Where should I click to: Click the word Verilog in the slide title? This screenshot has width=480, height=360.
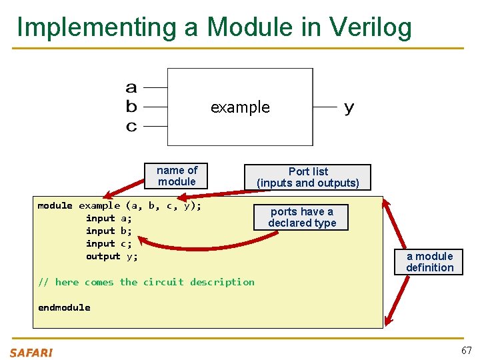(x=369, y=27)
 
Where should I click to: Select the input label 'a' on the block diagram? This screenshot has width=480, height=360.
(x=131, y=87)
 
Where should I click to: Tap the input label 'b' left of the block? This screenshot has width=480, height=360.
(x=131, y=106)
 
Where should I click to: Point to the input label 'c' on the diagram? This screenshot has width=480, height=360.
(x=131, y=125)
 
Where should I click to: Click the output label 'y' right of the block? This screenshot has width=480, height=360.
(x=349, y=108)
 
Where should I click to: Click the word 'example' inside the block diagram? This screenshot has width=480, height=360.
(x=240, y=107)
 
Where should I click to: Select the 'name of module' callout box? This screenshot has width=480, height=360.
(x=177, y=176)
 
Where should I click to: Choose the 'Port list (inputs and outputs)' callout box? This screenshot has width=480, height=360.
(x=307, y=177)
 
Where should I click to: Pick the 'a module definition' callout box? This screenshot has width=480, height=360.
(x=429, y=262)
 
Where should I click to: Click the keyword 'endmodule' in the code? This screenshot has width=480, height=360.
(x=64, y=307)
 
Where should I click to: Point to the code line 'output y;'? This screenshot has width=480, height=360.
(x=111, y=257)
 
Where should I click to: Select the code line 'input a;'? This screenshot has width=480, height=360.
(x=109, y=219)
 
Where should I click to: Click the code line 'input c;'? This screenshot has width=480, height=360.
(x=109, y=244)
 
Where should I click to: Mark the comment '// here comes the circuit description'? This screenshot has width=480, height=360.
(x=146, y=282)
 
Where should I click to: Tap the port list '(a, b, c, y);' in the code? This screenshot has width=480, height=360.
(x=163, y=206)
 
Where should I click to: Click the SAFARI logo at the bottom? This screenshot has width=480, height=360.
(x=31, y=352)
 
